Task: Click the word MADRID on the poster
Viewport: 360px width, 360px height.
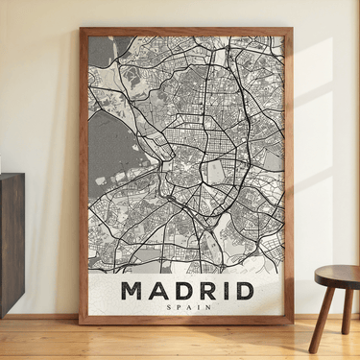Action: (188, 290)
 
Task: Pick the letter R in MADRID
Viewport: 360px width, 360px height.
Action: (204, 290)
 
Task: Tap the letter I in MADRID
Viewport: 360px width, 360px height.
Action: (224, 290)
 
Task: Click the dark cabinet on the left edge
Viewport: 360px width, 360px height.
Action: (12, 240)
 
